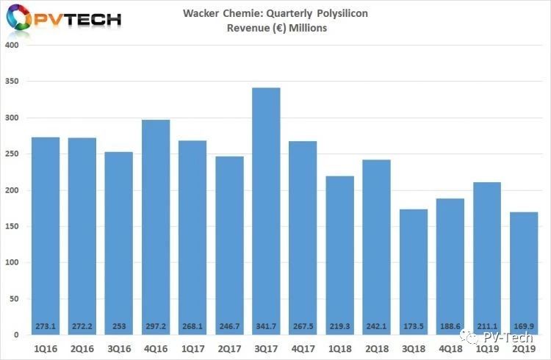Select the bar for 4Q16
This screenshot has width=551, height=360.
(156, 228)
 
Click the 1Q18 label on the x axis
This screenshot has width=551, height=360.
(339, 346)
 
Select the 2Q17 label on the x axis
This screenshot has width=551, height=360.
(229, 346)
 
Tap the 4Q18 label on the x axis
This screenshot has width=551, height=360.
(450, 346)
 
